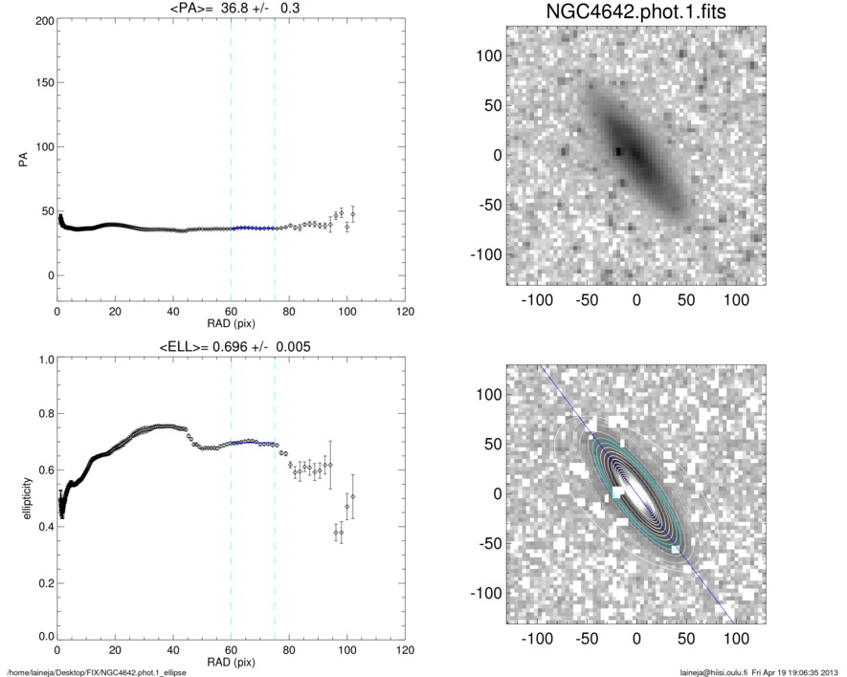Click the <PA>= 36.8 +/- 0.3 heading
pos(231,10)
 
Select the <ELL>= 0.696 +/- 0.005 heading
pos(231,346)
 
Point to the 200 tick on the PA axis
pos(43,20)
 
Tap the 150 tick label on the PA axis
pos(43,84)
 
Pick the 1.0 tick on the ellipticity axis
pos(45,360)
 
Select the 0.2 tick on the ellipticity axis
pos(45,581)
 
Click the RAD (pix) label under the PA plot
pos(231,323)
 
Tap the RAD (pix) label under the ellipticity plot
pos(231,661)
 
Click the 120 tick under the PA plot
pos(405,312)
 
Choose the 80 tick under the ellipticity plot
pos(289,649)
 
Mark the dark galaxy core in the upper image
pos(623,151)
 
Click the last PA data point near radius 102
pos(352,214)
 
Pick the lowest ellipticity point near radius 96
pos(336,533)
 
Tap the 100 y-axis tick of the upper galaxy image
pos(491,55)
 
